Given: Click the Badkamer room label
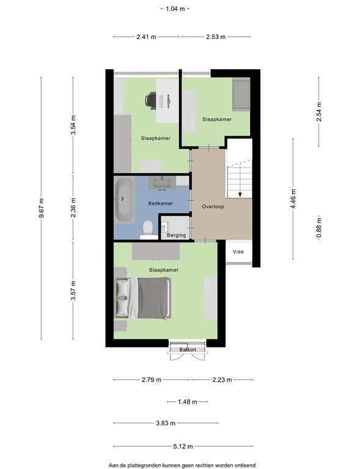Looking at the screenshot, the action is tap(160, 203).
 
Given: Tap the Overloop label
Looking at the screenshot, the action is tap(213, 206).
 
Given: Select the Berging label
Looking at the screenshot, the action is tap(176, 235).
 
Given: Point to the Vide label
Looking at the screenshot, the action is tap(238, 252).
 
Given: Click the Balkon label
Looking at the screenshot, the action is tap(188, 350).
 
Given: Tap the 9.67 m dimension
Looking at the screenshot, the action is tap(42, 208).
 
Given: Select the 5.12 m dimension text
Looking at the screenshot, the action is tap(183, 446).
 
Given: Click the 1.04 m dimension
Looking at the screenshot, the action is tap(175, 9).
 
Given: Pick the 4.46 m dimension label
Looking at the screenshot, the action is tap(293, 199).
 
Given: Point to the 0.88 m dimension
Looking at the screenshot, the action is tap(319, 228).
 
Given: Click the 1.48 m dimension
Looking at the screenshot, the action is tap(188, 402).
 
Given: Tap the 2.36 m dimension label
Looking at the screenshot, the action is tap(73, 208).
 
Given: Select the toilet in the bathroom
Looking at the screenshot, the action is tap(148, 229).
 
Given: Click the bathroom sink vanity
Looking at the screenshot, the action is tap(162, 183).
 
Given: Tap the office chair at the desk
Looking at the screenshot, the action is tap(151, 100).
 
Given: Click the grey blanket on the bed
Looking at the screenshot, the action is tap(153, 298).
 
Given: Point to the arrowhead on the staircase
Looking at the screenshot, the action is tap(240, 195).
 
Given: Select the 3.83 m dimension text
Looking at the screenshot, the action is tap(166, 423).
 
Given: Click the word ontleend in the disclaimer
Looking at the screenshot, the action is tap(244, 465).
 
